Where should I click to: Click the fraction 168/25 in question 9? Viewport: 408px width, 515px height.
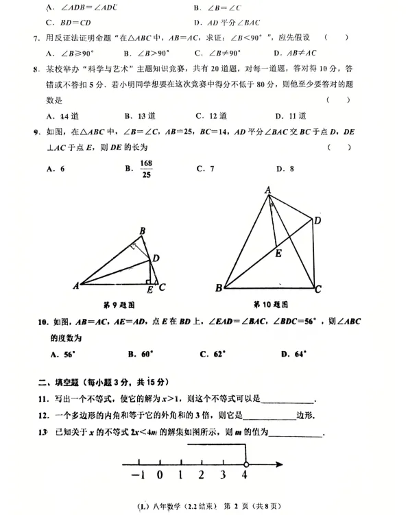(145, 168)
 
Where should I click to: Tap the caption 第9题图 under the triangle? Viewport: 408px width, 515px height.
(119, 304)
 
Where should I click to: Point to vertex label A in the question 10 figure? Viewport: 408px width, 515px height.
(268, 190)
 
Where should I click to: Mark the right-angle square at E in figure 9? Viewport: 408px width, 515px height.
(149, 281)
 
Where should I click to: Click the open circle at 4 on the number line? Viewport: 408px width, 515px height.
(246, 464)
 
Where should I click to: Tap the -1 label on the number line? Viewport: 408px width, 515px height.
(137, 475)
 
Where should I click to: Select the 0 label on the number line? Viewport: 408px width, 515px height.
(159, 475)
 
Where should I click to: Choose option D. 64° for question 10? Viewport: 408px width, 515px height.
(294, 354)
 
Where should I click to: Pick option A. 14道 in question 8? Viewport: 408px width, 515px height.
(62, 116)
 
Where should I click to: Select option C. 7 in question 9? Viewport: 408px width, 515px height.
(206, 168)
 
